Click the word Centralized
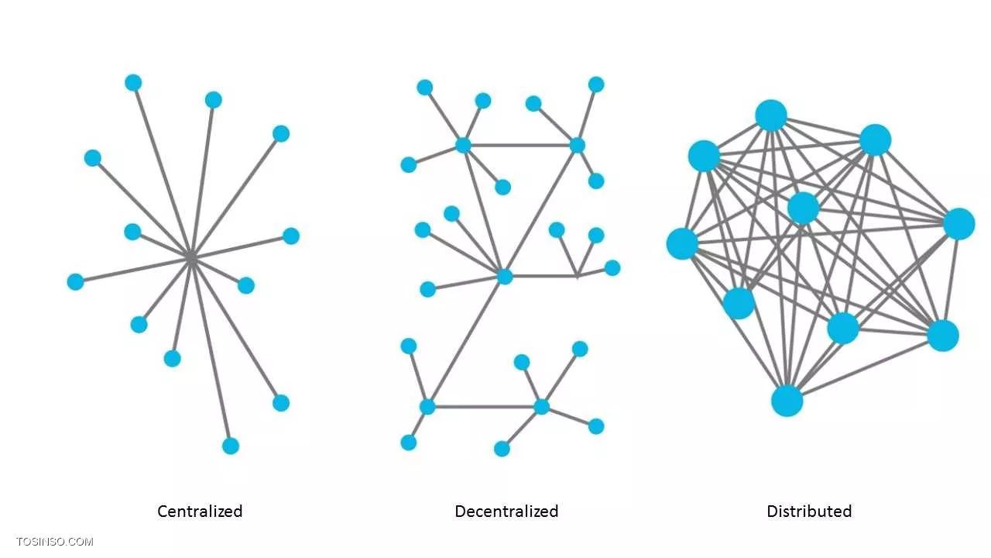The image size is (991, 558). (x=200, y=511)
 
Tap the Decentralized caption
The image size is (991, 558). (x=506, y=511)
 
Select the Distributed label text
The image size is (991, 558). (x=809, y=511)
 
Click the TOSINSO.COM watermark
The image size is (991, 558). (x=55, y=542)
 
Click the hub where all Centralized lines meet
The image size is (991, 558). (x=190, y=257)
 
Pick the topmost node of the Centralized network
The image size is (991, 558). (x=133, y=83)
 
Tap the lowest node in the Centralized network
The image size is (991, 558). (x=231, y=446)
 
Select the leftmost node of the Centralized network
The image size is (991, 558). (x=76, y=281)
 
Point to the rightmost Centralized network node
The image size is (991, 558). (x=290, y=236)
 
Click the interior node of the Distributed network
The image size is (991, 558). (x=804, y=208)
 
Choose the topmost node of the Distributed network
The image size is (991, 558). (x=771, y=115)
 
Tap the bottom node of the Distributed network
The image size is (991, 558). (x=787, y=401)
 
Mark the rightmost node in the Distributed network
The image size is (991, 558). (x=958, y=224)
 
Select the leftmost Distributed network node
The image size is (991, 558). (x=682, y=243)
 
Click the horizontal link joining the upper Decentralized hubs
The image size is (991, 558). (x=520, y=145)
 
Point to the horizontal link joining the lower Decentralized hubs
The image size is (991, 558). (x=485, y=407)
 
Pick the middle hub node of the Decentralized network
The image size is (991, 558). (x=505, y=277)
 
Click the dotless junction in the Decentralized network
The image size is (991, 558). (x=577, y=276)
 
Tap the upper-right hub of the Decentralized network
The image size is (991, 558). (x=577, y=145)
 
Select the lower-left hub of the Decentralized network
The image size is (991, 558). (x=427, y=407)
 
